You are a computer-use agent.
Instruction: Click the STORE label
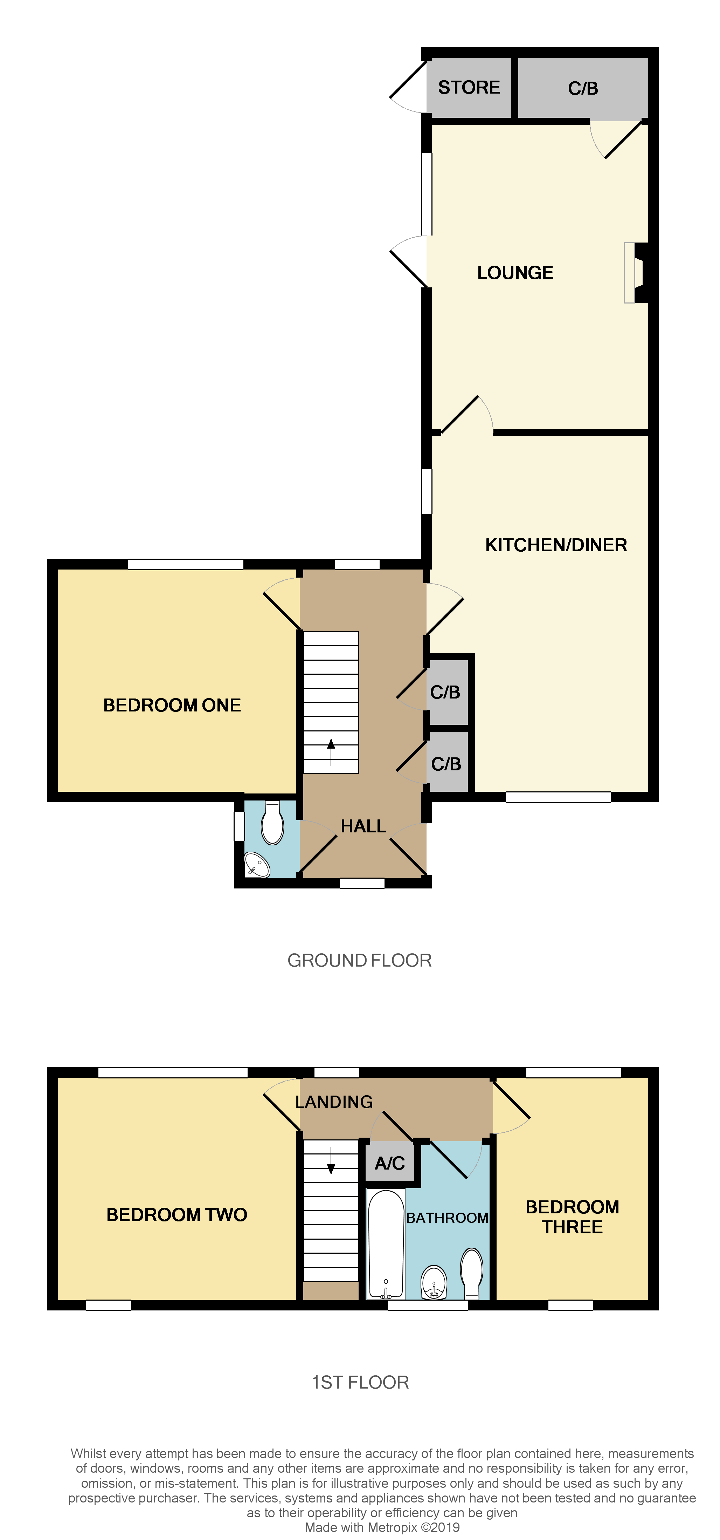click(469, 87)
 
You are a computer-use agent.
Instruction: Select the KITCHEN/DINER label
click(556, 545)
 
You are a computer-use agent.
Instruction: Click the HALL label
click(363, 826)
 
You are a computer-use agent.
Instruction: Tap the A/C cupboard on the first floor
click(389, 1163)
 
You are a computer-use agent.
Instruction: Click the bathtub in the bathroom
click(386, 1243)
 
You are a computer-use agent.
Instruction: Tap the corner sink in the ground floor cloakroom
click(257, 864)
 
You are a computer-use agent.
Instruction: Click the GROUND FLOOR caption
click(359, 960)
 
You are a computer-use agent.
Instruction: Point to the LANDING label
click(334, 1101)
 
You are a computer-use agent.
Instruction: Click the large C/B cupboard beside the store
click(583, 88)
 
